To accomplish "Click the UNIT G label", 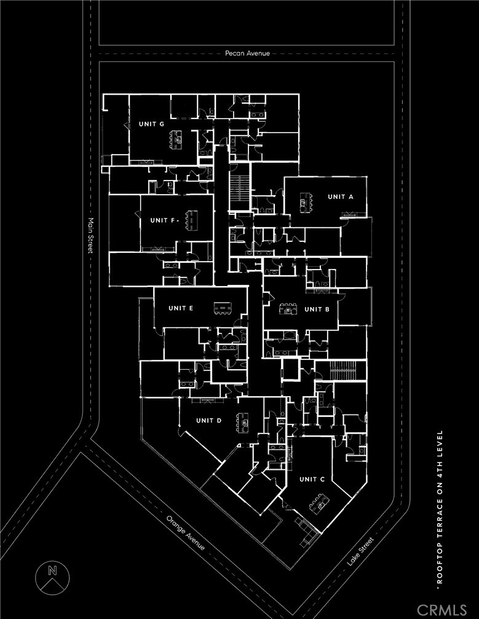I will pyautogui.click(x=151, y=124).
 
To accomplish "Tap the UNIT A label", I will pyautogui.click(x=341, y=197).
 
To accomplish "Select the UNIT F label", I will pyautogui.click(x=164, y=220).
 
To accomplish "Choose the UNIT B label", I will pyautogui.click(x=317, y=309).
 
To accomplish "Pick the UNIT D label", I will pyautogui.click(x=208, y=421).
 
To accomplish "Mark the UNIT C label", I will pyautogui.click(x=312, y=479).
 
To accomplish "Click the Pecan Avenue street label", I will pyautogui.click(x=247, y=53).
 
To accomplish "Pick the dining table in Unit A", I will pyautogui.click(x=305, y=201).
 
